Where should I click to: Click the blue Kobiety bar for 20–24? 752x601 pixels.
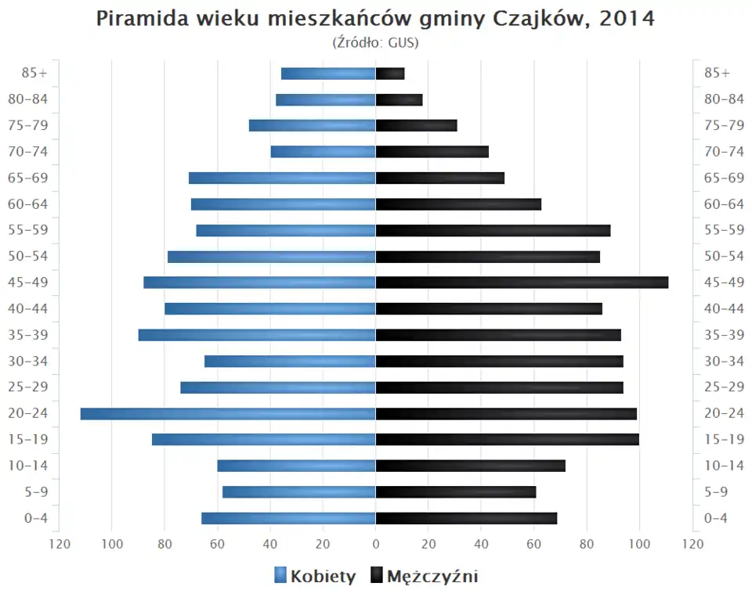(x=228, y=413)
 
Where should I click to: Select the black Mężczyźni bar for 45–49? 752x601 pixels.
(x=522, y=283)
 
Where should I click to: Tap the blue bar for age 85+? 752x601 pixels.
(x=328, y=74)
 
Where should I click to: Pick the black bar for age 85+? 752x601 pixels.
(x=390, y=74)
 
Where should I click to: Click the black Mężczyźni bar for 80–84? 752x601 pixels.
(x=399, y=99)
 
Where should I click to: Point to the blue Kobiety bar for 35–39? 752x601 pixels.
(x=257, y=335)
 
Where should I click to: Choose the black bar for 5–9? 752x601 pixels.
(x=456, y=492)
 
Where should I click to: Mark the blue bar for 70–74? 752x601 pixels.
(x=323, y=152)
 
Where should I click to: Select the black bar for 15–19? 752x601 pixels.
(x=507, y=440)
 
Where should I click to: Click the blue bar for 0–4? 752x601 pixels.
(x=288, y=518)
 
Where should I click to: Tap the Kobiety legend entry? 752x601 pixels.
(x=315, y=577)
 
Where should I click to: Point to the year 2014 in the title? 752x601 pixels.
(x=627, y=19)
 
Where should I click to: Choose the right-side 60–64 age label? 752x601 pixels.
(x=724, y=204)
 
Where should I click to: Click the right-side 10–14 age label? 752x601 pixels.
(x=724, y=466)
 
